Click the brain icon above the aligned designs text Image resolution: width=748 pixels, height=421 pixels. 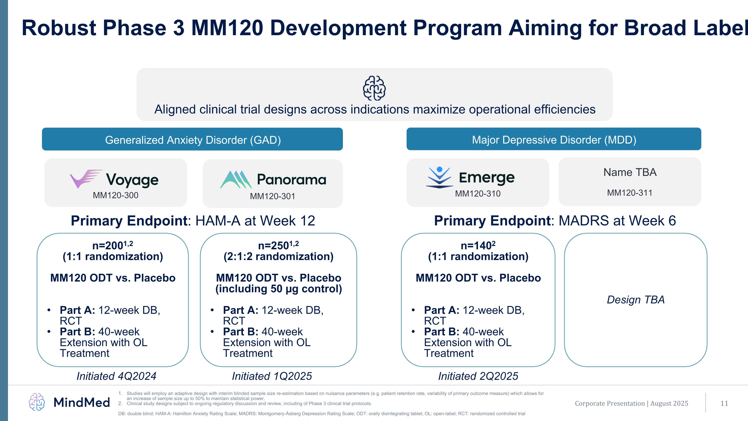374,88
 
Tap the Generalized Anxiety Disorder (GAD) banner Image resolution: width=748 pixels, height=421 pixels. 192,140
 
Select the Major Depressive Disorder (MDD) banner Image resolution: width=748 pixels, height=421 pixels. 554,140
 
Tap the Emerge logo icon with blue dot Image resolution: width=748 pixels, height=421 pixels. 439,177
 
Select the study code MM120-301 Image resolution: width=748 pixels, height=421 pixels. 272,196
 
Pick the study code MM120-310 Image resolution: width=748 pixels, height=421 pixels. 478,193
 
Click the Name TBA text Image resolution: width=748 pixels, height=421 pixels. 630,172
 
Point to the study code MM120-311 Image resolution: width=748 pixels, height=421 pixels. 630,193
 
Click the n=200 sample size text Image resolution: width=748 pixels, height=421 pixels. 112,246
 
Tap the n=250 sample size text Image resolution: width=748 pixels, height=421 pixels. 278,246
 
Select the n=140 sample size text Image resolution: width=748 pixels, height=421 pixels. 478,246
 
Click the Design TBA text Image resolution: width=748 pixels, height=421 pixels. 636,299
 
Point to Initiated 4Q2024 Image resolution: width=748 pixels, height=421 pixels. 116,376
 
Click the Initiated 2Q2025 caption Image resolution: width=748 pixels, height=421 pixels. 478,376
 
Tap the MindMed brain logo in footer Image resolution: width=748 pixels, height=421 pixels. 37,402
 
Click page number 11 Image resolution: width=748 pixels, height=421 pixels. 724,403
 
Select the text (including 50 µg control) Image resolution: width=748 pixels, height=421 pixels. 279,289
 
